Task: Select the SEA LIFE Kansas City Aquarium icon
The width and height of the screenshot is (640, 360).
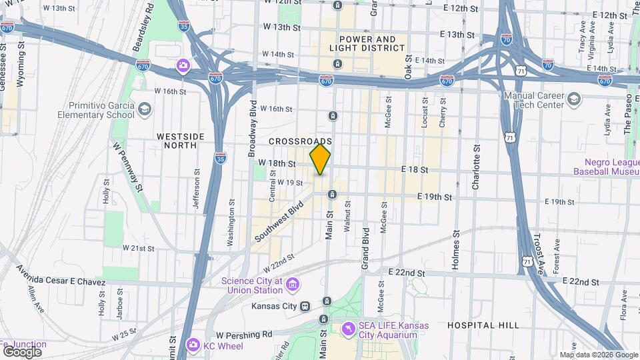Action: pyautogui.click(x=347, y=329)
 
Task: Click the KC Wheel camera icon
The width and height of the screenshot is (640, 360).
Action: pyautogui.click(x=193, y=343)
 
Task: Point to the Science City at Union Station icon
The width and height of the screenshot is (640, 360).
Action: pyautogui.click(x=291, y=285)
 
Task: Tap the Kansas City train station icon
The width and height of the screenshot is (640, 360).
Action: pyautogui.click(x=305, y=306)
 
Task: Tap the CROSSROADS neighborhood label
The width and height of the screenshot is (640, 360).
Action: pyautogui.click(x=300, y=141)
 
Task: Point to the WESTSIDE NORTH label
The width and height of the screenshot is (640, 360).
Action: pyautogui.click(x=176, y=140)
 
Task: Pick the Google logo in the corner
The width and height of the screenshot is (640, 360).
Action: pyautogui.click(x=22, y=351)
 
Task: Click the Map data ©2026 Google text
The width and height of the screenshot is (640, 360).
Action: pyautogui.click(x=598, y=355)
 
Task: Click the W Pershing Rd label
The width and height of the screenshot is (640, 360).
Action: pyautogui.click(x=244, y=333)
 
